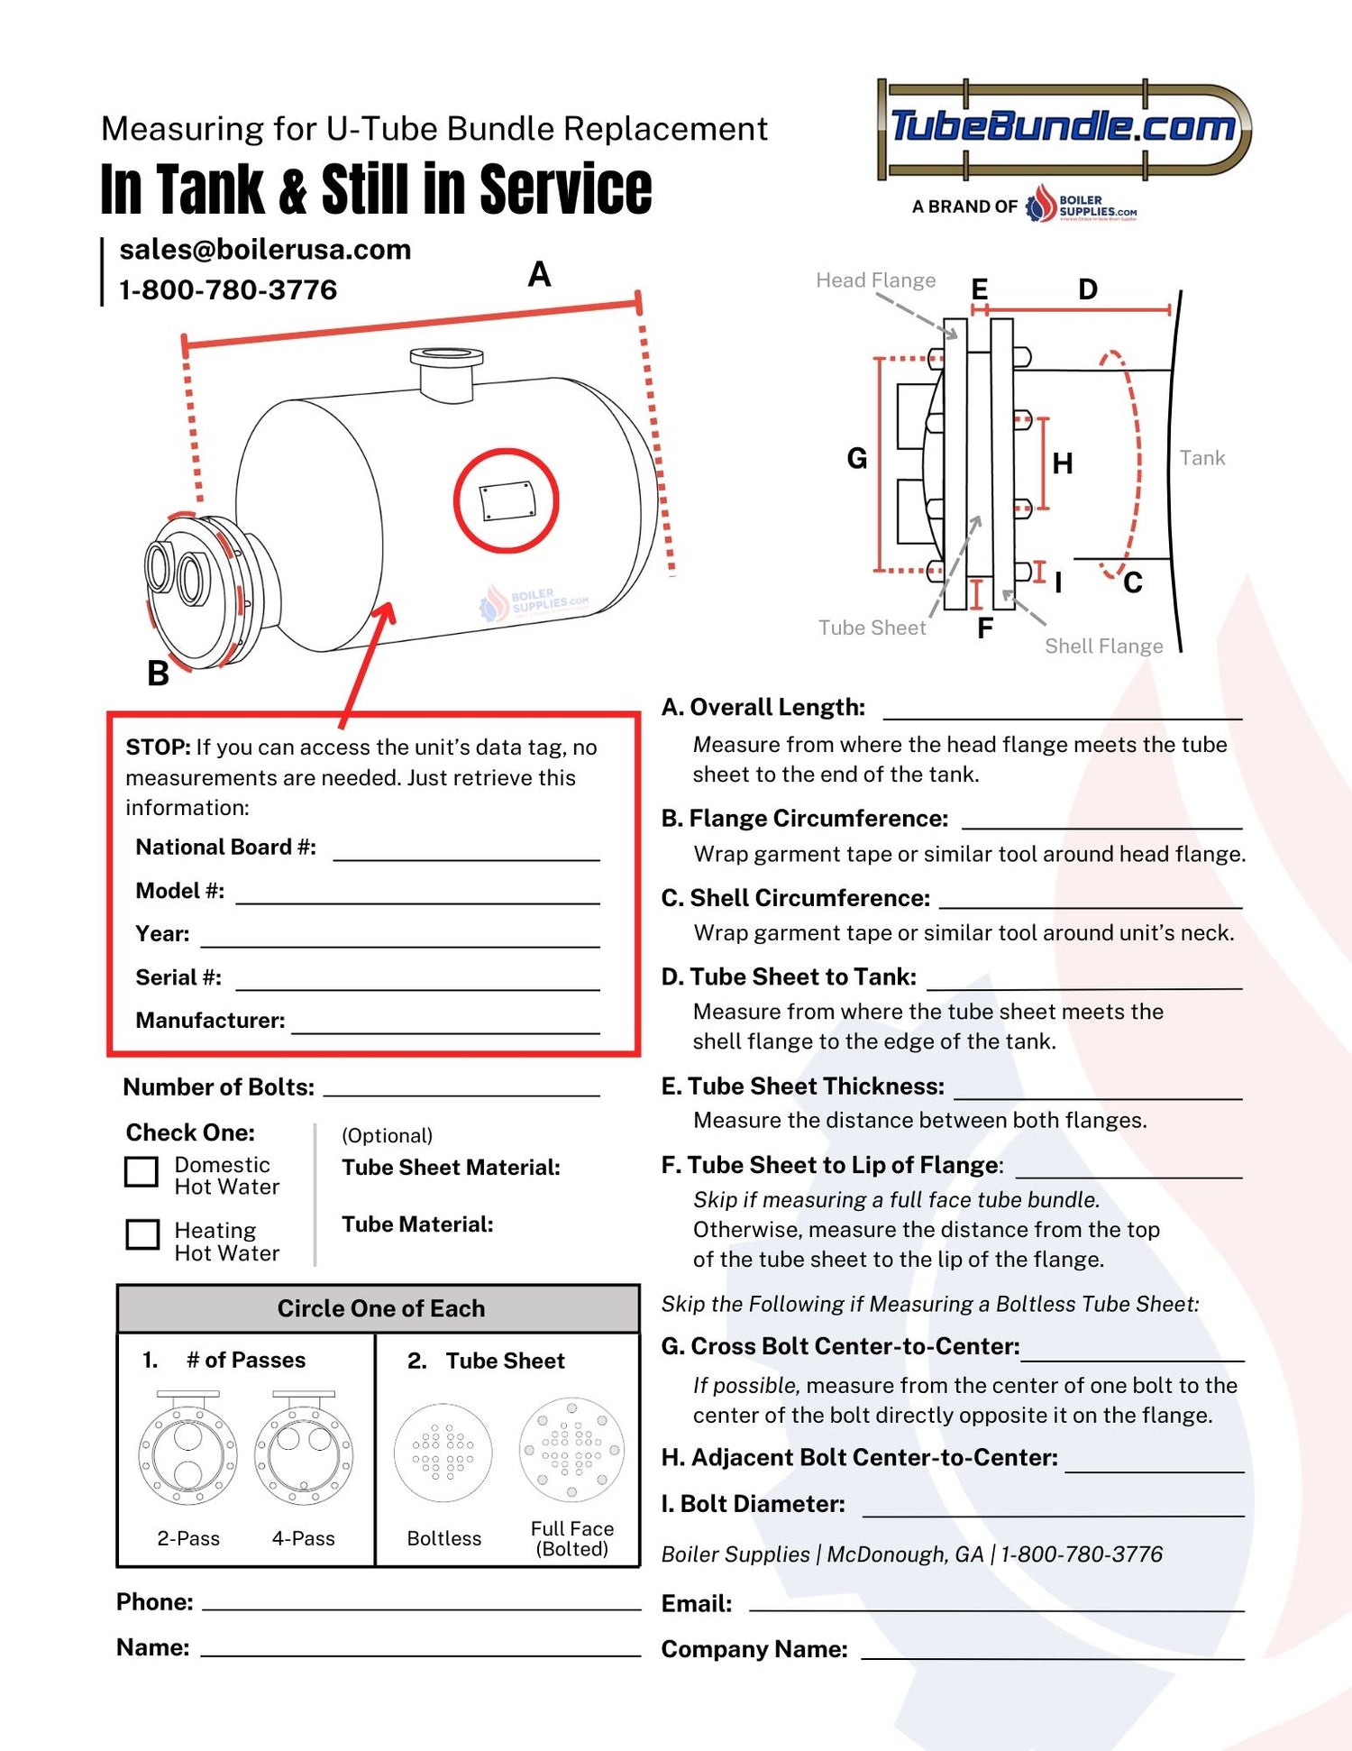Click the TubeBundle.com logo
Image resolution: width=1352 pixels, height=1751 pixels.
pos(1064,127)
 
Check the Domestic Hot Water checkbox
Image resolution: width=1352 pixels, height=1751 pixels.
pos(142,1171)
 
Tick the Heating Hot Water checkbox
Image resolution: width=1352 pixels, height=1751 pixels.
pos(142,1234)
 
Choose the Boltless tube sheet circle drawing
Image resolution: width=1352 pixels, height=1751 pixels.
pos(443,1453)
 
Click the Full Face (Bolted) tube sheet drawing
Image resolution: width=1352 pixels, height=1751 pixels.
pos(571,1450)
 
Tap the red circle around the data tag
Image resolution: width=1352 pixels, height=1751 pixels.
pos(506,500)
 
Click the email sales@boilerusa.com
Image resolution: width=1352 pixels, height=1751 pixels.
pos(265,250)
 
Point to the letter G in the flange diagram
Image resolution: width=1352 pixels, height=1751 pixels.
pos(856,459)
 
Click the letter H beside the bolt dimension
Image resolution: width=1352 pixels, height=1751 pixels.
pos(1063,464)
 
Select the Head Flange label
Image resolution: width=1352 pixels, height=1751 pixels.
pos(875,280)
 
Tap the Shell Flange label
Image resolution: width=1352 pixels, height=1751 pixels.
pos(1103,646)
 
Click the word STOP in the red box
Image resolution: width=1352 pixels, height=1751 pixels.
pos(158,747)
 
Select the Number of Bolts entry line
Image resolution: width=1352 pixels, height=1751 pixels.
pos(461,1087)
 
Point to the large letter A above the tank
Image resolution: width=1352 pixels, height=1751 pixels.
pos(539,274)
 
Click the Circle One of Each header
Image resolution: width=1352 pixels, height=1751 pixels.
pos(379,1308)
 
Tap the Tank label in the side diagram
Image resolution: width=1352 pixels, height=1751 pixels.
pos(1201,458)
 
